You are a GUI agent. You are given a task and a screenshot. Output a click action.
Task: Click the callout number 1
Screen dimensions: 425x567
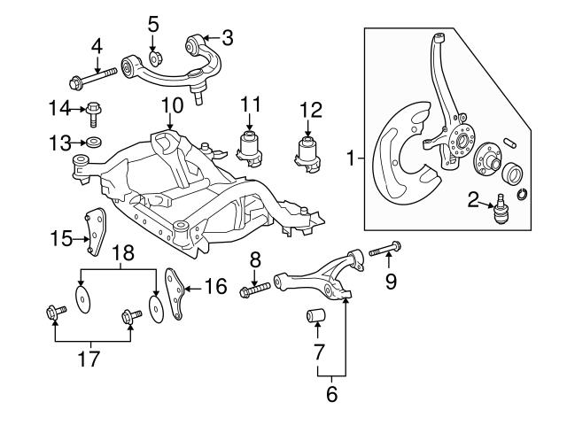[351, 159]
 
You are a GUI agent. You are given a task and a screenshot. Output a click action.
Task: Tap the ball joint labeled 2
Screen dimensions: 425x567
[500, 211]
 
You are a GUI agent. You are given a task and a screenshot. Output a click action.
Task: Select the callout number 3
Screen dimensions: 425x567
[227, 37]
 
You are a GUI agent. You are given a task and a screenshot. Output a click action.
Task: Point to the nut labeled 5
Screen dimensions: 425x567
[154, 59]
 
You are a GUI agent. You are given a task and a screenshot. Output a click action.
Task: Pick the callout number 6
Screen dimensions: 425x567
[331, 394]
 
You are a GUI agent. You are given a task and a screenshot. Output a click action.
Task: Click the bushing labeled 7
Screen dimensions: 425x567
[316, 314]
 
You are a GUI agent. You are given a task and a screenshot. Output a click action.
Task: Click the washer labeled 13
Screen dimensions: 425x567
[92, 142]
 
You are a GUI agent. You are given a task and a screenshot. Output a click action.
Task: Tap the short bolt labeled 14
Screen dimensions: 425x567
[94, 111]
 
